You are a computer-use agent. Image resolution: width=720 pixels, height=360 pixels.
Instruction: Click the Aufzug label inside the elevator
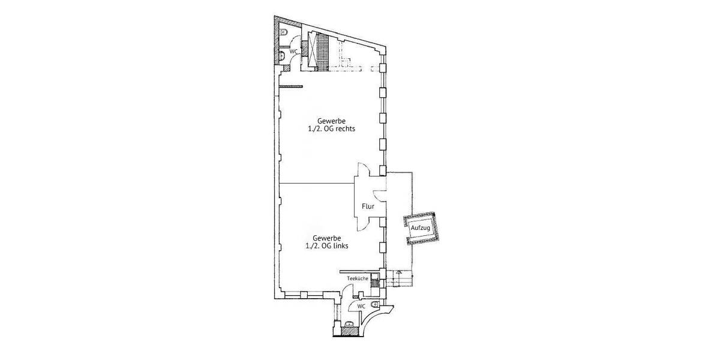click(x=420, y=229)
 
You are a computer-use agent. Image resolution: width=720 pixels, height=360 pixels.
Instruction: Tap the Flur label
click(x=368, y=207)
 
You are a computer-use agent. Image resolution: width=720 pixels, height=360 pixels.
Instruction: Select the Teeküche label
click(x=358, y=278)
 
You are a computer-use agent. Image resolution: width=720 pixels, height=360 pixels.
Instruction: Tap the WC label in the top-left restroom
click(x=294, y=52)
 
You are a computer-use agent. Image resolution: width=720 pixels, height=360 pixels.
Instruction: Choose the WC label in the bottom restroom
click(x=361, y=306)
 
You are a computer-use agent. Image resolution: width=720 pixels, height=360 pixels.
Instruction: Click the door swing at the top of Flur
click(x=363, y=170)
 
